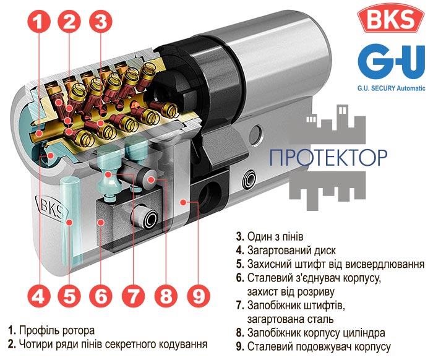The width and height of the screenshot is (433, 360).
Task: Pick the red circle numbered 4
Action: point(38,296)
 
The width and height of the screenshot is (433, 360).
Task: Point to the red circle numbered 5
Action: point(69,296)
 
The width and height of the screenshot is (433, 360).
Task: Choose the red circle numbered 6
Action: point(101,296)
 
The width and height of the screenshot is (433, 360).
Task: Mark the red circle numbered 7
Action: point(133,296)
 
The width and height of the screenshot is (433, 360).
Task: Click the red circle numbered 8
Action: point(166,296)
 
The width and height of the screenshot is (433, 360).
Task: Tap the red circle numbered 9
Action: point(199,296)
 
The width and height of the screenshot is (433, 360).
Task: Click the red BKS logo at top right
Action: point(391,18)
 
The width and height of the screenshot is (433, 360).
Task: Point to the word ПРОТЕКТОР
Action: point(328,157)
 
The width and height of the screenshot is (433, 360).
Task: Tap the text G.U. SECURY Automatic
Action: point(392,88)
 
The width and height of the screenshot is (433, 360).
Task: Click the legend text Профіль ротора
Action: point(57,330)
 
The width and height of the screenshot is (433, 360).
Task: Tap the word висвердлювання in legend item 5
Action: point(385,264)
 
